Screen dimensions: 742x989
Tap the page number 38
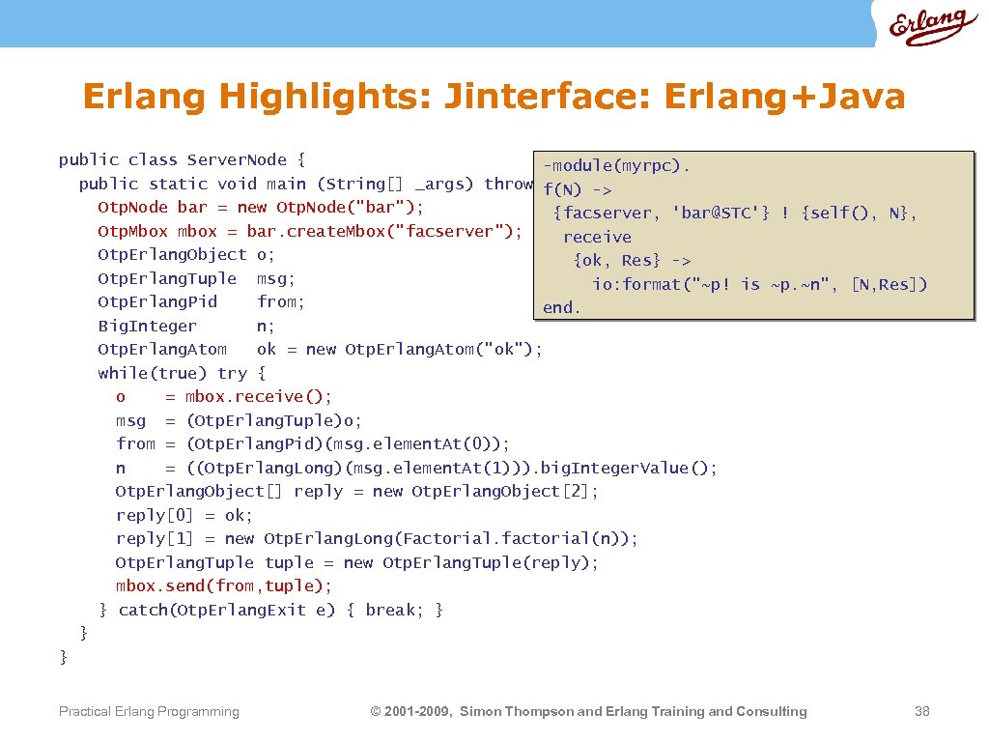pos(921,711)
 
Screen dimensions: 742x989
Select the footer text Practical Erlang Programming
pos(149,711)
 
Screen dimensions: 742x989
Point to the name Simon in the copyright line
pos(482,711)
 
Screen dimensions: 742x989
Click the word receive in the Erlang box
pos(597,237)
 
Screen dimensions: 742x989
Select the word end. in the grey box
pos(561,307)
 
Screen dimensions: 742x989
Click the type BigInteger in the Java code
pos(147,326)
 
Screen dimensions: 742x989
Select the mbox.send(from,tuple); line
pos(223,585)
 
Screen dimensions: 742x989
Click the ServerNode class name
pos(237,159)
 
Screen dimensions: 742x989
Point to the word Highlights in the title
pos(326,97)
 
